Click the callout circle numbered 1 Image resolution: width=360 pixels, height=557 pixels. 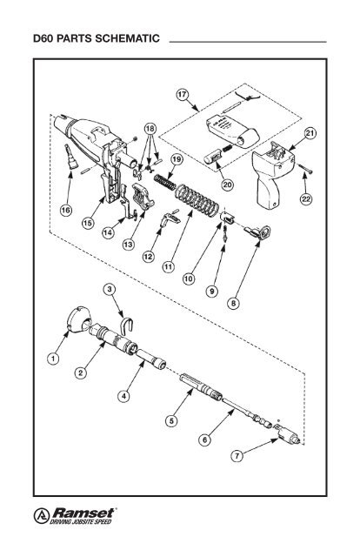pyautogui.click(x=54, y=356)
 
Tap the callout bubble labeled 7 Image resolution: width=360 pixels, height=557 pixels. pyautogui.click(x=237, y=455)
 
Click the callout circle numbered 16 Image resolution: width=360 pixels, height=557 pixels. pyautogui.click(x=65, y=211)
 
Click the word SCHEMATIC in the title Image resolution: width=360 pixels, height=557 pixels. pyautogui.click(x=121, y=41)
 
